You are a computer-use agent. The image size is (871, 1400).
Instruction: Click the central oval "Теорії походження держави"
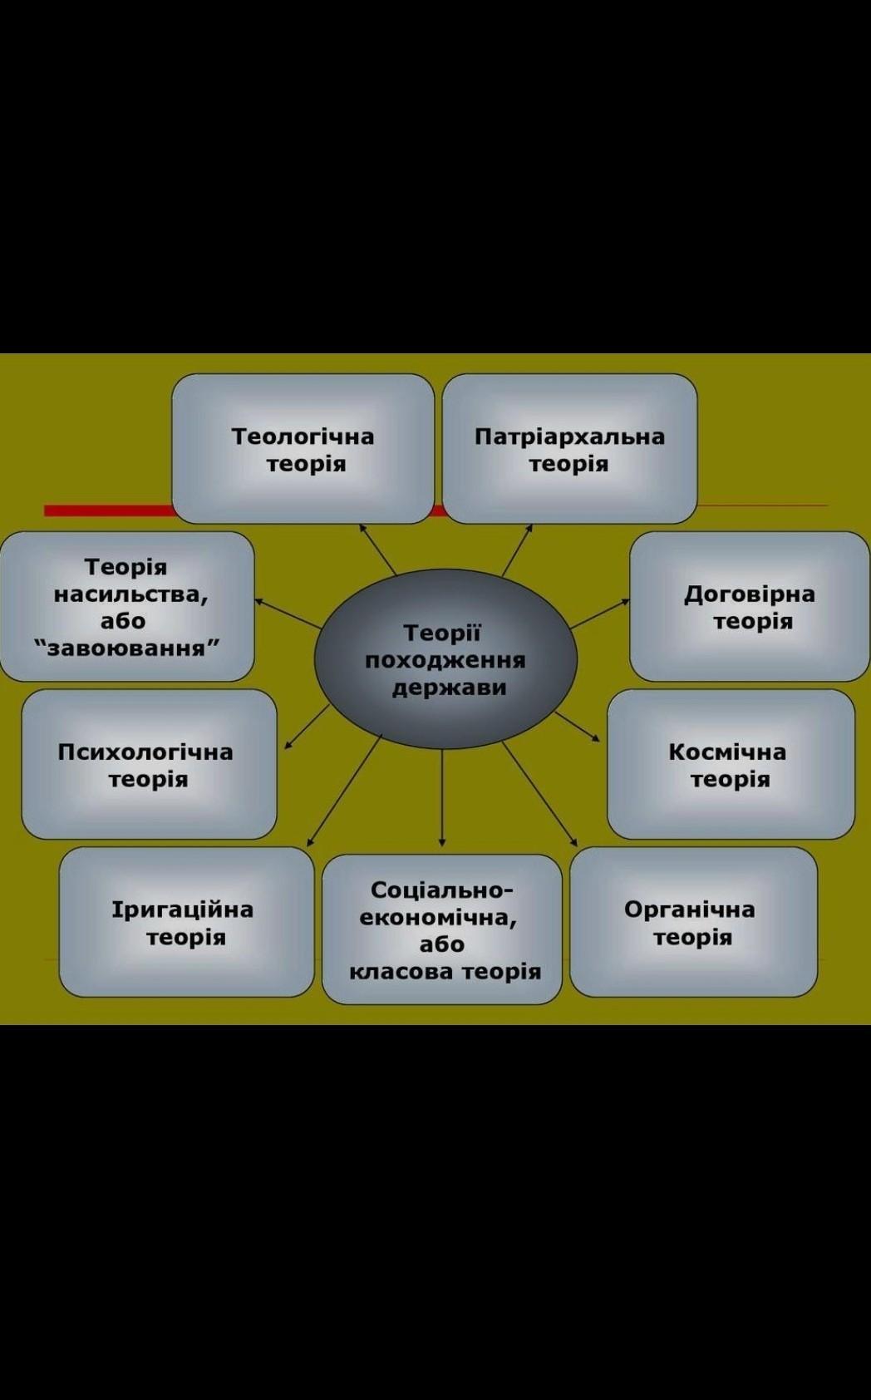click(445, 659)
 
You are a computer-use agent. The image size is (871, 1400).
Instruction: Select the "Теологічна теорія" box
click(303, 449)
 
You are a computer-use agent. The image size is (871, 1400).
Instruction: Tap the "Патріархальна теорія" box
click(569, 449)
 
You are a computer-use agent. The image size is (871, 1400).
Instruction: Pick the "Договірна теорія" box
click(750, 607)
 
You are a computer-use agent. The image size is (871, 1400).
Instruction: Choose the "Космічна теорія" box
click(731, 765)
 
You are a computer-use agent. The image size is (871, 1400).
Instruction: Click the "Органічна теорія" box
click(693, 922)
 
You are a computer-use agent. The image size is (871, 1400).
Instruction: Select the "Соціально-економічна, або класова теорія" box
click(442, 929)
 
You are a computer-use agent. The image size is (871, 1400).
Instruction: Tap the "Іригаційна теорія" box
click(186, 922)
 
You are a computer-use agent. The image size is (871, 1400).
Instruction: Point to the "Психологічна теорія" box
click(149, 765)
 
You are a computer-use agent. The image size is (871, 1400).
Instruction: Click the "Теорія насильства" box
click(126, 607)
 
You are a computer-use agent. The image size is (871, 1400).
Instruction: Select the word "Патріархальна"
click(569, 436)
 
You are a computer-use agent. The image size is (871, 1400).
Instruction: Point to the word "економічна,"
click(438, 917)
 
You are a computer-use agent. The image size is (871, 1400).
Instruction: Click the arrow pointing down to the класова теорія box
click(442, 798)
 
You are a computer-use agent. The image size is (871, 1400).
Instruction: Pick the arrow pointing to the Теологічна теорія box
click(378, 549)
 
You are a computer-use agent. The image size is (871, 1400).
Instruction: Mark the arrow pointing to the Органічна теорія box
click(540, 794)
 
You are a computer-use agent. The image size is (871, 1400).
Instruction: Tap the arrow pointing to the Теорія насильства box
click(287, 613)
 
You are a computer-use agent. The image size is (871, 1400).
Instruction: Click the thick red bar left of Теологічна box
click(108, 510)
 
